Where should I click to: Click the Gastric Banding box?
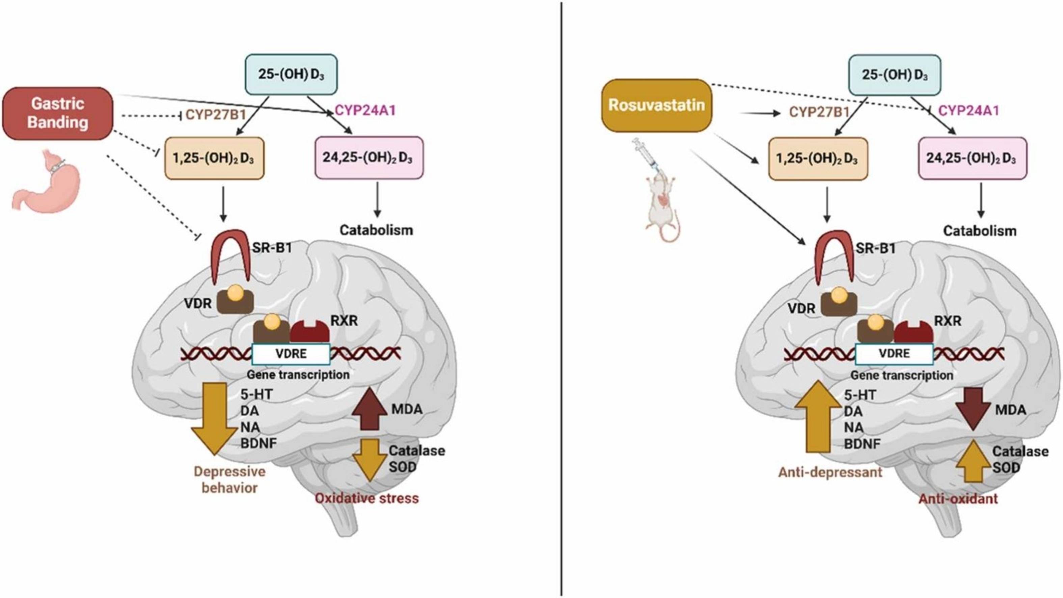(x=58, y=113)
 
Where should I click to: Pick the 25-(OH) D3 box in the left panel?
(x=291, y=74)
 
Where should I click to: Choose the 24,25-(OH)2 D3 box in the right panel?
(x=972, y=159)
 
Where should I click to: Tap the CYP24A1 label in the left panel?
(x=365, y=111)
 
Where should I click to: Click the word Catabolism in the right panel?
(x=980, y=231)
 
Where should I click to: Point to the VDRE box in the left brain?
(x=291, y=354)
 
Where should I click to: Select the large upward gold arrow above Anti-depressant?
(x=818, y=417)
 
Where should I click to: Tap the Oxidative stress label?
(x=367, y=498)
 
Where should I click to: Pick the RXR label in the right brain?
(x=948, y=321)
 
